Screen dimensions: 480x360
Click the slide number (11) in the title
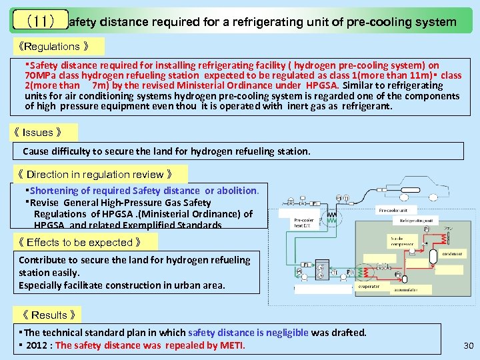point(39,21)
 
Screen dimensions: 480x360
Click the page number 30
point(467,345)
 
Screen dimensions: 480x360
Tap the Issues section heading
point(44,132)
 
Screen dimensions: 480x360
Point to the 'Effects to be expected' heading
point(79,242)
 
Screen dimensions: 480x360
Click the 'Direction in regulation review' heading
point(101,175)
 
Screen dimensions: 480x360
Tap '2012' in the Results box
point(37,345)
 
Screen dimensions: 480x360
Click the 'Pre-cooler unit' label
point(394,211)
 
